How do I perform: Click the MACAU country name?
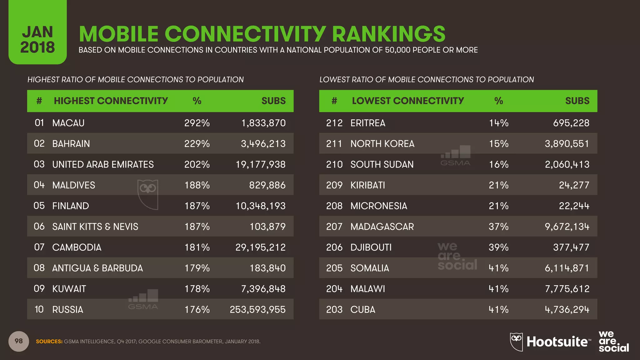pyautogui.click(x=68, y=123)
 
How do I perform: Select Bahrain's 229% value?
pyautogui.click(x=197, y=143)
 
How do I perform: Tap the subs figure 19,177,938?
pyautogui.click(x=260, y=164)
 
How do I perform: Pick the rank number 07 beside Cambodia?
pyautogui.click(x=39, y=247)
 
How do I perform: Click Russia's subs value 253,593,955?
pyautogui.click(x=257, y=309)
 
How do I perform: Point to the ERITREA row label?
pyautogui.click(x=368, y=123)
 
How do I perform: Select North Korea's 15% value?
pyautogui.click(x=498, y=143)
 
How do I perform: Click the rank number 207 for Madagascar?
pyautogui.click(x=334, y=227)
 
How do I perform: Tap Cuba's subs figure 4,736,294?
pyautogui.click(x=567, y=309)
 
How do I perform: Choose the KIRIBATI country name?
pyautogui.click(x=367, y=185)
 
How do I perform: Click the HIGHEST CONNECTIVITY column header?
pyautogui.click(x=111, y=101)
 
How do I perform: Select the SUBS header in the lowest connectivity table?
pyautogui.click(x=577, y=101)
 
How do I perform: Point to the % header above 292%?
pyautogui.click(x=197, y=101)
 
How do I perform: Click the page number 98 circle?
pyautogui.click(x=19, y=341)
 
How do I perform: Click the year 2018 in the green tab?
pyautogui.click(x=37, y=47)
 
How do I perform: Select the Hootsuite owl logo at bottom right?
pyautogui.click(x=516, y=341)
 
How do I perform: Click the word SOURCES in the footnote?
pyautogui.click(x=49, y=342)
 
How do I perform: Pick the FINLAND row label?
pyautogui.click(x=71, y=206)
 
